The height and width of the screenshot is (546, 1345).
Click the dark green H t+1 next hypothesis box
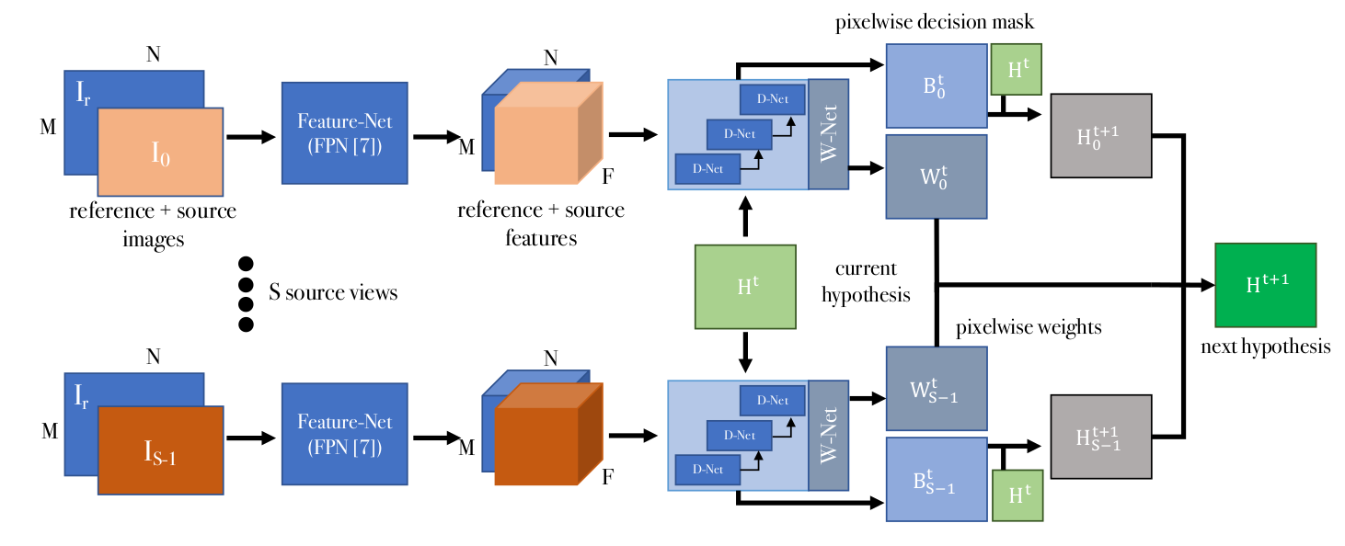click(x=1265, y=285)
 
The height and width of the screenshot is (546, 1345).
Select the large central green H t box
click(x=745, y=287)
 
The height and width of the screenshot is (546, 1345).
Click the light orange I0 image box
click(x=161, y=152)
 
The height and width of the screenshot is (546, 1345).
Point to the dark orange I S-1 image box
click(x=161, y=450)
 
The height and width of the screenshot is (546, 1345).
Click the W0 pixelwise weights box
click(x=936, y=176)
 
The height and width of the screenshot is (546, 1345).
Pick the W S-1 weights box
click(x=936, y=388)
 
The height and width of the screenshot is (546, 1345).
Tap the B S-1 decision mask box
click(x=936, y=480)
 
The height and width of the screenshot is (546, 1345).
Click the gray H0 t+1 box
click(x=1100, y=135)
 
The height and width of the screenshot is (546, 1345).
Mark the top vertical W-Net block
click(x=828, y=135)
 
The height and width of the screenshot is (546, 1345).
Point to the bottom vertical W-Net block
click(x=828, y=437)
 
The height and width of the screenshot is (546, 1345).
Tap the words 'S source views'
click(x=333, y=293)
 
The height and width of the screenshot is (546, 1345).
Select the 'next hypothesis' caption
click(x=1265, y=347)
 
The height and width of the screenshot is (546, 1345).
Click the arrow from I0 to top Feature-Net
click(x=250, y=137)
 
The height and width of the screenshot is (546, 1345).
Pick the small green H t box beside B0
click(x=1016, y=70)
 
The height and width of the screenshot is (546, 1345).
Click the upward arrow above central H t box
click(x=745, y=219)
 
